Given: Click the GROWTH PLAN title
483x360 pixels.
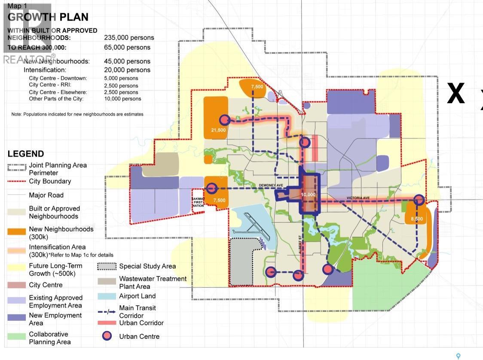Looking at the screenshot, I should (48, 17).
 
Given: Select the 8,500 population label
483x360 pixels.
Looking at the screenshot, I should (416, 219).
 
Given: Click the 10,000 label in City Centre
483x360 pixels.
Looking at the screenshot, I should (308, 194).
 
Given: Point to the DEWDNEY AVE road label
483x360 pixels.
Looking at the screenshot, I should (270, 185).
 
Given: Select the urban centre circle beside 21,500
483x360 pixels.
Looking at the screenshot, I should (224, 120).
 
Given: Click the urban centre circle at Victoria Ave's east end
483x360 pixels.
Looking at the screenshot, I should (419, 200).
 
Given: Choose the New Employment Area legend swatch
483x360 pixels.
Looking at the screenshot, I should (17, 317).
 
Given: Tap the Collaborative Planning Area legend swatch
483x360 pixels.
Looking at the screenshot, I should (17, 336).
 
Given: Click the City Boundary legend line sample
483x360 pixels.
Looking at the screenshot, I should (17, 182).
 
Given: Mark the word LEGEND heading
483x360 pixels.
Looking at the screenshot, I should (26, 154).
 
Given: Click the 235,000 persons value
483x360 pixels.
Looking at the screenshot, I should (129, 37).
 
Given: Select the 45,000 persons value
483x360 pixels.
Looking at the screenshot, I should (127, 62).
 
